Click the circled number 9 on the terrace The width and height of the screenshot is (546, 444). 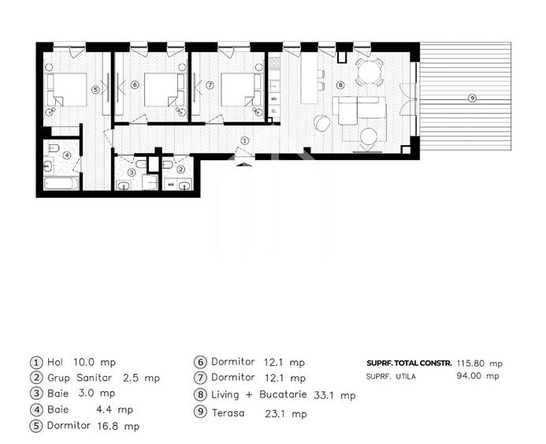point(472,98)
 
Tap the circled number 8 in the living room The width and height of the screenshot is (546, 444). point(340,84)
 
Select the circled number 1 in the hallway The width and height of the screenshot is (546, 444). point(244,140)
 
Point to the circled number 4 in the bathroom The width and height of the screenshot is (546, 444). point(67,155)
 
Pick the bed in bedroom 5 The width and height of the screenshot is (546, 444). point(68,89)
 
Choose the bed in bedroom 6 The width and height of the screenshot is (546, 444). point(164,89)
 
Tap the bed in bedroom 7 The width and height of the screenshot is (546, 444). point(240,89)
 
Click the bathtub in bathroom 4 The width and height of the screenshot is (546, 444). point(61,184)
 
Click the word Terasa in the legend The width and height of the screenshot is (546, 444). point(228,413)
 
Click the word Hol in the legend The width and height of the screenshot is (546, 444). point(58,362)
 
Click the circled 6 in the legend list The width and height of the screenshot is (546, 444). point(199,362)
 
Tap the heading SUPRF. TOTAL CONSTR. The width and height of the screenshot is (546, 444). point(409,364)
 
